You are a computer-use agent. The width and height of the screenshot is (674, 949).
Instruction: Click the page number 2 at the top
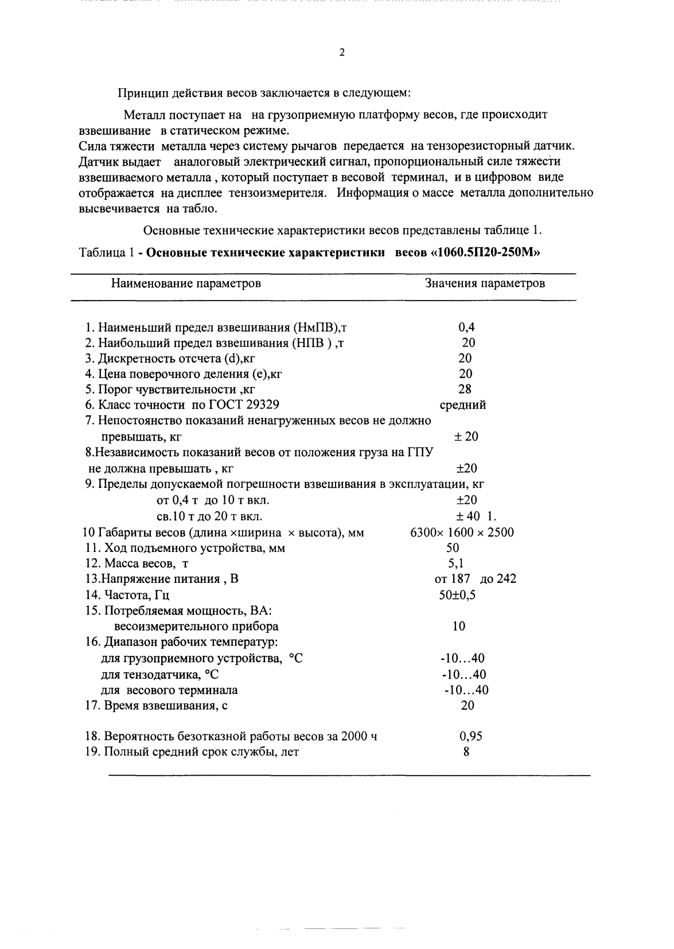coord(342,52)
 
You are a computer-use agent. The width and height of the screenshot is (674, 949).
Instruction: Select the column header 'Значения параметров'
coord(485,283)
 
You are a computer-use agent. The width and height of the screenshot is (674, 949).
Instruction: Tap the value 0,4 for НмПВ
coord(466,328)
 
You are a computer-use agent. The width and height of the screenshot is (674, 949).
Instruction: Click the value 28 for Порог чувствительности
coord(465,390)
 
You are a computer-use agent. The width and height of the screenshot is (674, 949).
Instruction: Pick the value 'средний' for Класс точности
coord(462,405)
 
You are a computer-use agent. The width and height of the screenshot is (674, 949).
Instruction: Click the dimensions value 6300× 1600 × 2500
coord(462,532)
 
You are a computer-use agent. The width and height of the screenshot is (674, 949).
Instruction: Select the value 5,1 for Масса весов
coord(456,563)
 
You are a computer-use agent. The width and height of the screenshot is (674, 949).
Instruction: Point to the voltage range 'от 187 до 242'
coord(475,579)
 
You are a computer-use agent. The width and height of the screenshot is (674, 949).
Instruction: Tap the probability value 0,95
coord(470,736)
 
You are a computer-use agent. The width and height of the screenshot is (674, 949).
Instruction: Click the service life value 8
coord(466,752)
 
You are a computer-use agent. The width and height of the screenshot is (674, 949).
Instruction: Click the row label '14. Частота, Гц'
coord(127,595)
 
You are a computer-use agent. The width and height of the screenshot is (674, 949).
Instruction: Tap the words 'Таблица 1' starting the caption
coord(106,253)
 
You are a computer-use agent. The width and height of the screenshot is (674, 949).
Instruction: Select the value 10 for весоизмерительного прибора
coord(458,626)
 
